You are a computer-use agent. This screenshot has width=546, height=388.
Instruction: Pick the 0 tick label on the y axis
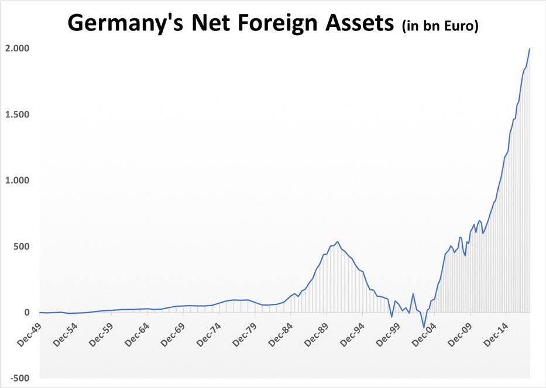(x=27, y=312)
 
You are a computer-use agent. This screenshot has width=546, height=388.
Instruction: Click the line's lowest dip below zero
(x=424, y=328)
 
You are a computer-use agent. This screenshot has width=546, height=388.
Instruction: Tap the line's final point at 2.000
(x=530, y=49)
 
